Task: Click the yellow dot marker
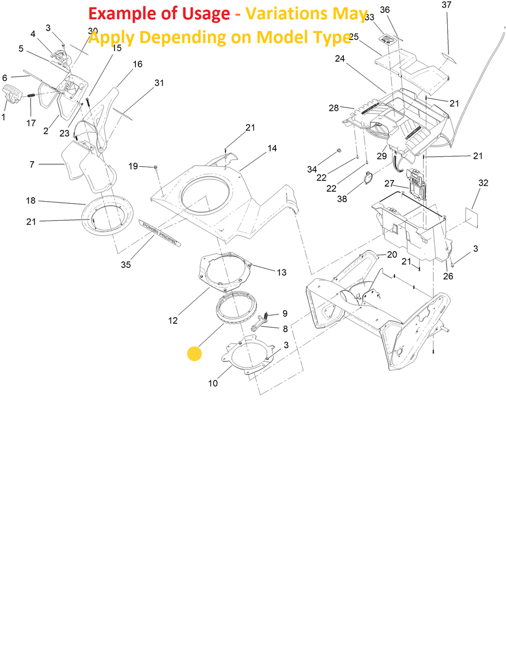tap(195, 354)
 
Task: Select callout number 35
tap(126, 265)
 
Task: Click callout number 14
tap(272, 148)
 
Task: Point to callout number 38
tap(342, 199)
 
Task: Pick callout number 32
tap(483, 183)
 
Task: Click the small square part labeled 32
tap(473, 218)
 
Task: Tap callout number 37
tap(446, 5)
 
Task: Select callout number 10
tap(213, 383)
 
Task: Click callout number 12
tap(173, 320)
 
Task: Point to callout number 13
tap(282, 272)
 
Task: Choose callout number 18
tap(31, 201)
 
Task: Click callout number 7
tap(32, 164)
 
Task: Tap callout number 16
tap(138, 64)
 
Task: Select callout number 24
tap(340, 59)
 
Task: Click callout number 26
tap(448, 276)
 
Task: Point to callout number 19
tap(133, 166)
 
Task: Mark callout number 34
tap(312, 170)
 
